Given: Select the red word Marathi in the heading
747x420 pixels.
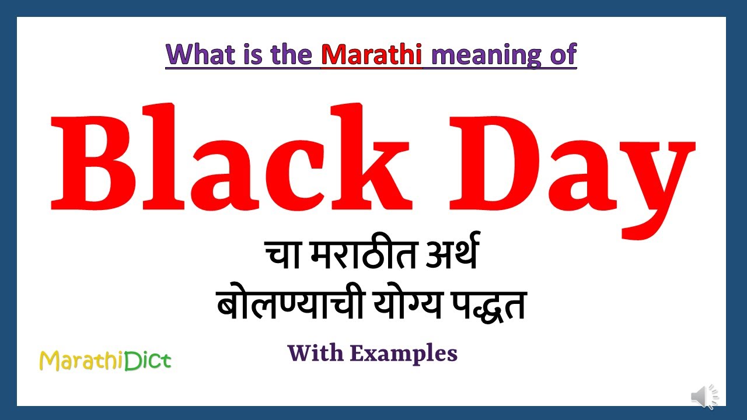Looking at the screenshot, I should tap(371, 54).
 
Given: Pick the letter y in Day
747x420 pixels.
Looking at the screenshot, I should tap(657, 175).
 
